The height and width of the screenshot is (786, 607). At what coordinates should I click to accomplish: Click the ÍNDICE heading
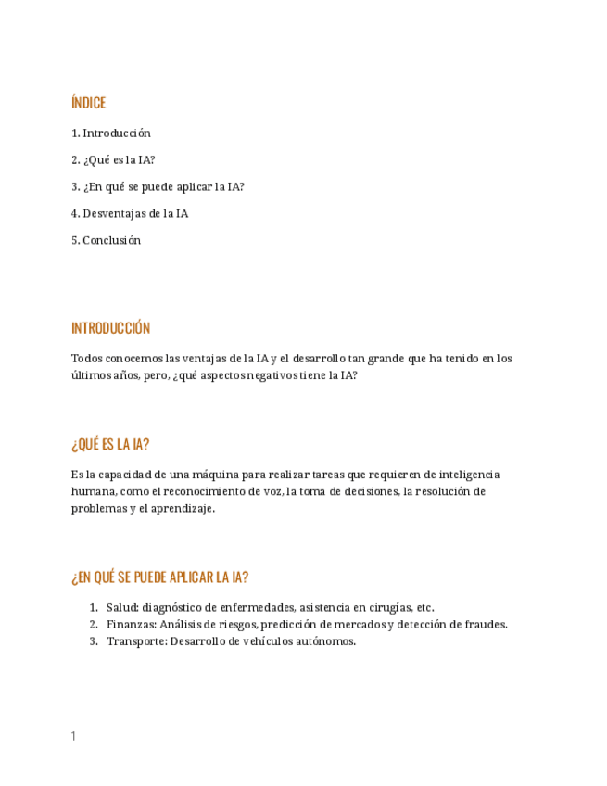click(89, 103)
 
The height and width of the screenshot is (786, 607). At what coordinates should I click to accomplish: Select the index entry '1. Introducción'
click(111, 133)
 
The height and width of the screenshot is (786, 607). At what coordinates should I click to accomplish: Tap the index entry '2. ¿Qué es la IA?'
click(113, 160)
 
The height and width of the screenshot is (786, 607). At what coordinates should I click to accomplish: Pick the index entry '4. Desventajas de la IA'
click(130, 214)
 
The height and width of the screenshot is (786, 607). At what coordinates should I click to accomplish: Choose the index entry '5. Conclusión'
click(107, 241)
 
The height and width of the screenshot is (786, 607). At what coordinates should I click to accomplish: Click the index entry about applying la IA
click(158, 187)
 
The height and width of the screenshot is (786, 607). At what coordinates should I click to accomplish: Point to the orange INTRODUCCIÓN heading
click(110, 328)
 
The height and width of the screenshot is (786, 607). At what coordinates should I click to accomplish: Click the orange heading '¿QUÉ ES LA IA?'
click(110, 445)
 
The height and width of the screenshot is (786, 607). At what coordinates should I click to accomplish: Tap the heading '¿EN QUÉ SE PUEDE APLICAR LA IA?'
click(159, 577)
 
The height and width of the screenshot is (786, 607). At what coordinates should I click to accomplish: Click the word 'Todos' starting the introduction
click(86, 359)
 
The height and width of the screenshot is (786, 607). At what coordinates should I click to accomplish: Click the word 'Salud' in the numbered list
click(121, 608)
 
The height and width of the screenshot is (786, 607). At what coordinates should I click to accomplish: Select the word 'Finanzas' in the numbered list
click(130, 625)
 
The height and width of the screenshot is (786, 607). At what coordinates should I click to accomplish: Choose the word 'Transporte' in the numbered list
click(135, 641)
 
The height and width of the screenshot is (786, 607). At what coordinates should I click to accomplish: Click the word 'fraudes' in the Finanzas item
click(487, 625)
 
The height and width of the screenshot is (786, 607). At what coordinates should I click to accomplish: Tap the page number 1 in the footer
click(73, 737)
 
